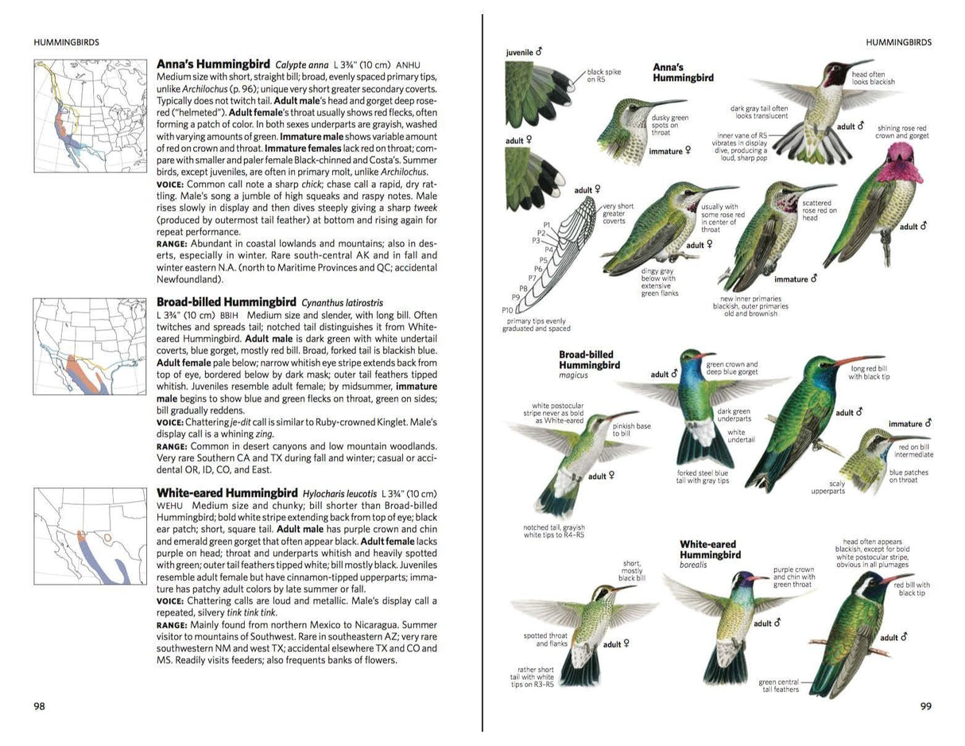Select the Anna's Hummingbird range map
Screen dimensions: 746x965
[x=79, y=116]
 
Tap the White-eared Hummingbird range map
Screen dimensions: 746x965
[x=79, y=537]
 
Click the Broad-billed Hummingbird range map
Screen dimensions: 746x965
[x=79, y=346]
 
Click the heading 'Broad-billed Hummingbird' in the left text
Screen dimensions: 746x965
[x=226, y=302]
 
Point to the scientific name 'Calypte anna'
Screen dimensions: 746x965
[x=301, y=64]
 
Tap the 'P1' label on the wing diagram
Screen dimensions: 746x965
[x=547, y=225]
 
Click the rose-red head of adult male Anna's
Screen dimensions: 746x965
[x=901, y=161]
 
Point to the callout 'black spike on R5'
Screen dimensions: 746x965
[x=603, y=76]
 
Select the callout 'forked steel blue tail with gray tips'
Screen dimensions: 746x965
[x=702, y=477]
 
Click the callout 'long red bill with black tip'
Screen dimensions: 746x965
[x=869, y=373]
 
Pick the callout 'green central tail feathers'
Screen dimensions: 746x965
[x=778, y=686]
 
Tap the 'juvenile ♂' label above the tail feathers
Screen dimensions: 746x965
[x=524, y=52]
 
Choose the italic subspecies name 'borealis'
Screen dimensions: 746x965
[x=693, y=565]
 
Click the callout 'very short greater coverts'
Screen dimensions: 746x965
[x=618, y=214]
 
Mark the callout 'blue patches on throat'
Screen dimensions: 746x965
[x=909, y=476]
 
